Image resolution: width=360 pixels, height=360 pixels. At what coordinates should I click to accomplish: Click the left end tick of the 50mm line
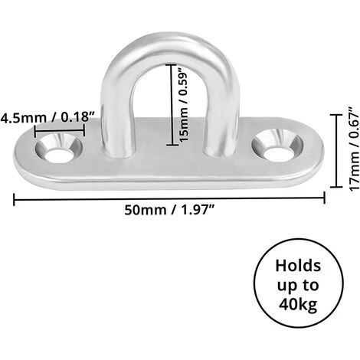pos(14,200)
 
